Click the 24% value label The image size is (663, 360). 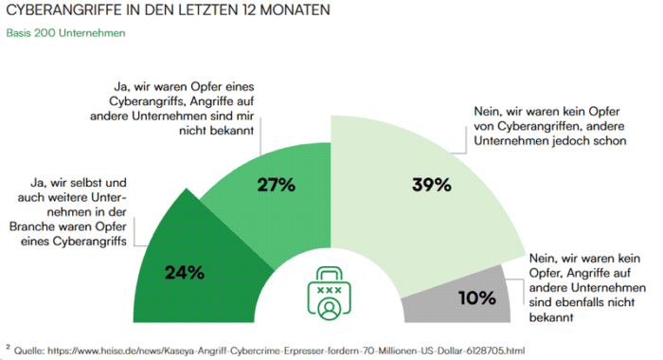(x=185, y=273)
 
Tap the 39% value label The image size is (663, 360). (x=431, y=185)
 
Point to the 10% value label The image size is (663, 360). (x=476, y=297)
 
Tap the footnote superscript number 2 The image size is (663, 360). (x=8, y=346)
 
